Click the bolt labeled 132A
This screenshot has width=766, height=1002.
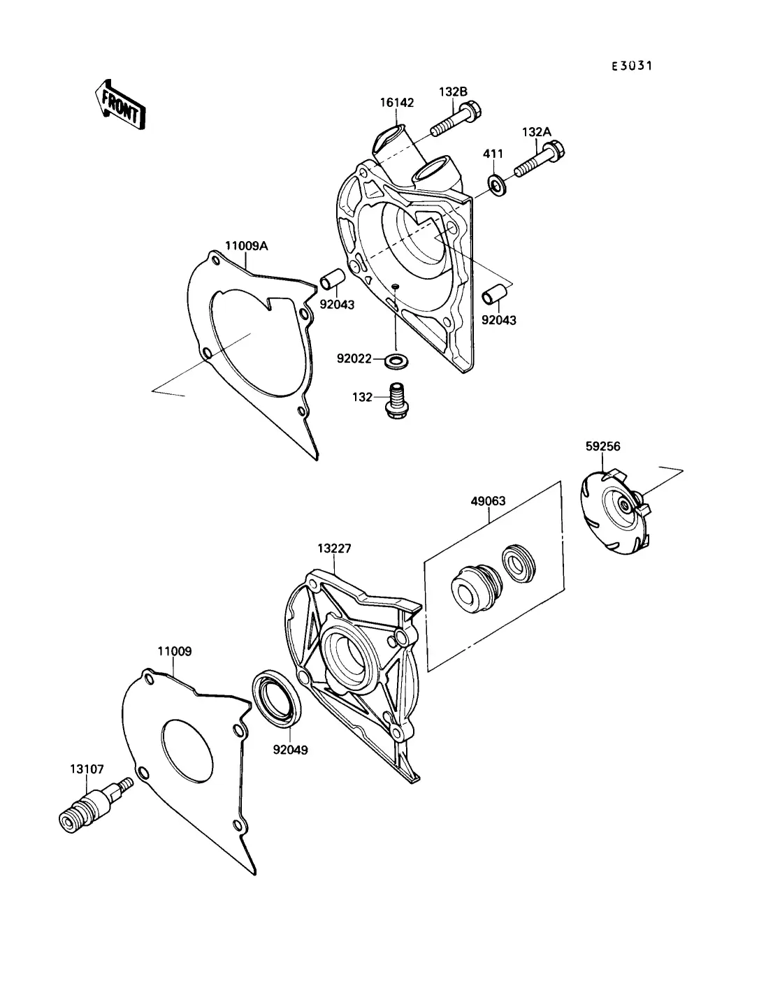pos(540,160)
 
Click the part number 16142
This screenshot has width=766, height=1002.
pos(396,102)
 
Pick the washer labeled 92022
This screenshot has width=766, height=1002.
pos(397,361)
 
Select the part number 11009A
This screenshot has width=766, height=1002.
pos(246,245)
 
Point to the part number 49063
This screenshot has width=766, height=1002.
pos(488,501)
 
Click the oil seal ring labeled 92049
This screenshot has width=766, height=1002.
pos(280,699)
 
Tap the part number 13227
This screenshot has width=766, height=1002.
pos(334,549)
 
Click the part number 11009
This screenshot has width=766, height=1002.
pos(174,651)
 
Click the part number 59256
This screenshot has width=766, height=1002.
pos(602,446)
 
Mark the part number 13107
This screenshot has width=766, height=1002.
pos(86,769)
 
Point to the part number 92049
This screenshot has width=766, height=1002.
pos(290,750)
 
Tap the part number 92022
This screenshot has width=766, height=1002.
pos(354,358)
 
